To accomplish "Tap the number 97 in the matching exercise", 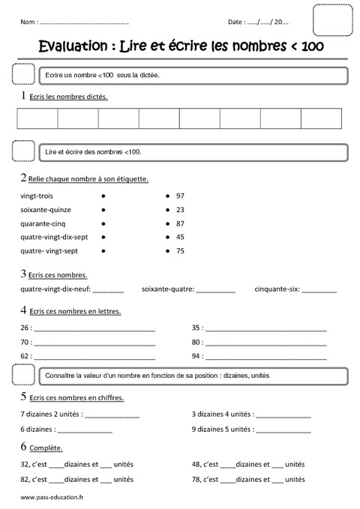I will (x=180, y=196).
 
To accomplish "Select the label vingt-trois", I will (x=38, y=196).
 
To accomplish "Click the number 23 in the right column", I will (x=180, y=209).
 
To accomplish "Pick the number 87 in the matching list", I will (x=180, y=223).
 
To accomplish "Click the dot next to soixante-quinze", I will (x=102, y=210).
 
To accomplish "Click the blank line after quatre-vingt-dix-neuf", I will (x=109, y=289).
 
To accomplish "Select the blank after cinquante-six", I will (x=319, y=289).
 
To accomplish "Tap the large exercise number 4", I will (x=25, y=309).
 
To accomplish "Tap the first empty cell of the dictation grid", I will (x=37, y=119).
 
